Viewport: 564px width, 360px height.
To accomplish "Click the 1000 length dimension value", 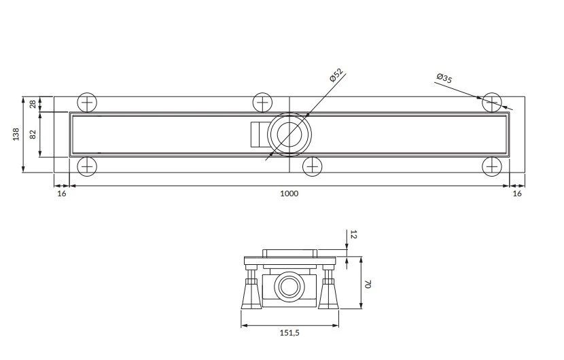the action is pos(289,194).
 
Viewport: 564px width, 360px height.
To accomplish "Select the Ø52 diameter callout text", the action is pos(336,75).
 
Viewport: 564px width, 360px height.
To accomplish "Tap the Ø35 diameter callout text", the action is pos(444,77).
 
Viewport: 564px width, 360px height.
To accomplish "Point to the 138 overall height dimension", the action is pos(16,134).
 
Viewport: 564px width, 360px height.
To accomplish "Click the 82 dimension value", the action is pos(33,134).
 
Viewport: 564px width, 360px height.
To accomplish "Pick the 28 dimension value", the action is pos(33,105).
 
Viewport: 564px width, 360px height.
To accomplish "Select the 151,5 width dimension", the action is pos(289,333).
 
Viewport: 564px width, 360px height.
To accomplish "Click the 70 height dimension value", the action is pos(367,284).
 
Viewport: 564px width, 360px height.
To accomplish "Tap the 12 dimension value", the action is pos(353,234).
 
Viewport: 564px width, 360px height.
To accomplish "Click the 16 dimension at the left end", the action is pos(62,194).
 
